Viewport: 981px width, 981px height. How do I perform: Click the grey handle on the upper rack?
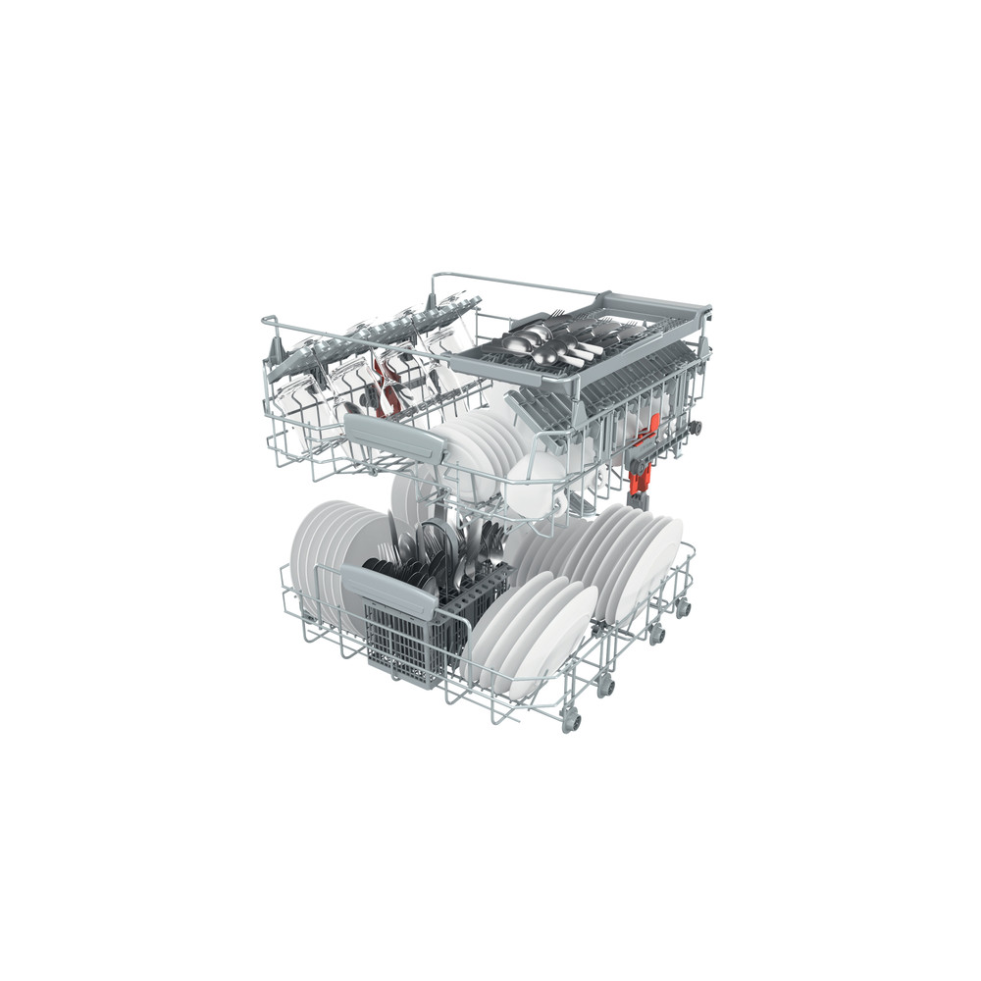pyautogui.click(x=392, y=433)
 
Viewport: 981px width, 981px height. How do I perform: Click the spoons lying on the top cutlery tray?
pyautogui.click(x=525, y=339)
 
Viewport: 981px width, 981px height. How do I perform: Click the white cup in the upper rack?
pyautogui.click(x=535, y=481)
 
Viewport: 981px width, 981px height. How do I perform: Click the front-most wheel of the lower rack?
pyautogui.click(x=572, y=724)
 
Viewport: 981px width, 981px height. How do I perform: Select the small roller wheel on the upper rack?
pyautogui.click(x=697, y=428)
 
